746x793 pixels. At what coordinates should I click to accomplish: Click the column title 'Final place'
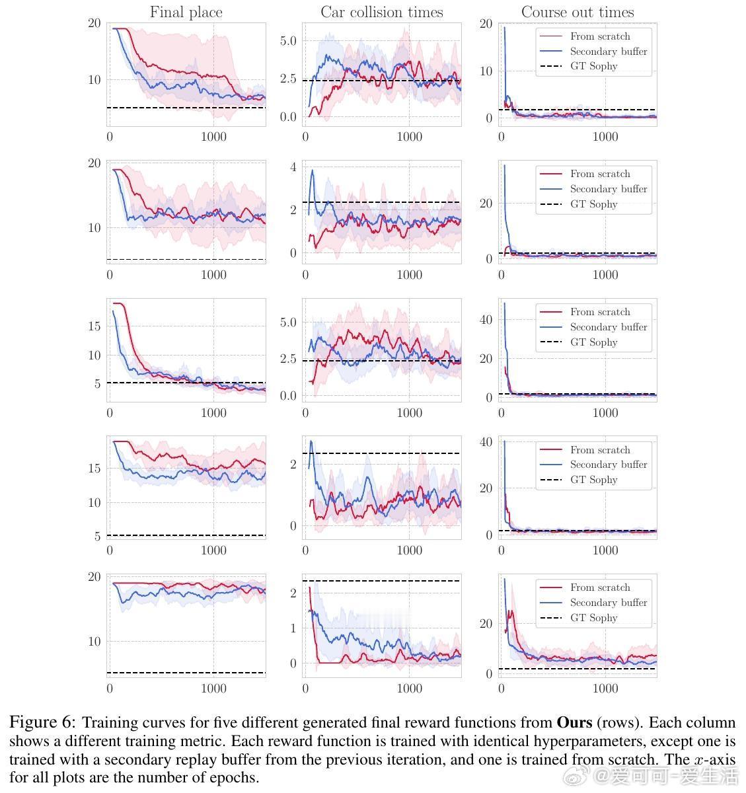(x=186, y=12)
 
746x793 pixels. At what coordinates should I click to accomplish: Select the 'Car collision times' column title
(x=382, y=12)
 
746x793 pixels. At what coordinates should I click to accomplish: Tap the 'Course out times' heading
(x=578, y=12)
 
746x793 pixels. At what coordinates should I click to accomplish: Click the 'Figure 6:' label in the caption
(x=42, y=722)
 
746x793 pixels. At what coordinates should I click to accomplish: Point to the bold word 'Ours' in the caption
(x=573, y=722)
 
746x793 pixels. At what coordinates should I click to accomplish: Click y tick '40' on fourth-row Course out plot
(x=486, y=441)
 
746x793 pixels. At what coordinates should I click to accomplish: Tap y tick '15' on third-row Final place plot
(x=94, y=326)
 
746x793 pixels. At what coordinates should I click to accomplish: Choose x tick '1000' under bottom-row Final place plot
(x=213, y=689)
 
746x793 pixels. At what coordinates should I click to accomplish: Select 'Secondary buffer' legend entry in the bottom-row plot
(x=608, y=603)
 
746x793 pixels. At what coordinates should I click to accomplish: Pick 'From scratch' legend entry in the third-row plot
(x=600, y=312)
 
